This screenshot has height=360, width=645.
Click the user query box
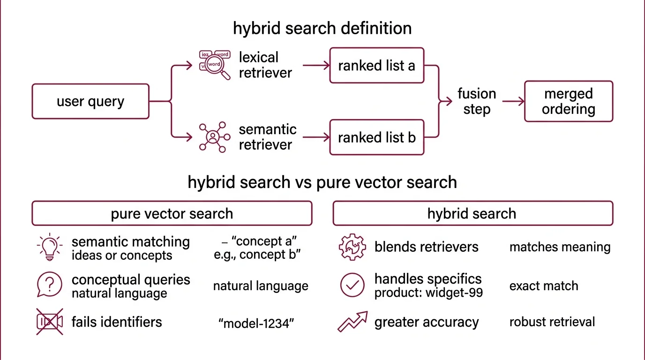point(90,101)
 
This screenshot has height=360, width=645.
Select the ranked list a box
point(376,66)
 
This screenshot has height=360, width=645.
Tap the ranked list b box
point(376,137)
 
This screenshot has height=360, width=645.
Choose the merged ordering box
point(568,101)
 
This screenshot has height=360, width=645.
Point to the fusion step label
point(477,101)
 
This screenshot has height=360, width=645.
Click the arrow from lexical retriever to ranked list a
point(316,66)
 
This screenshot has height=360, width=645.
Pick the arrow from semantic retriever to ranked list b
point(316,137)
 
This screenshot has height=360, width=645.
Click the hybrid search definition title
point(322,28)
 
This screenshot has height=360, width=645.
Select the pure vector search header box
point(172,213)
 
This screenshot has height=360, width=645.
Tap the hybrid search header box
point(472,213)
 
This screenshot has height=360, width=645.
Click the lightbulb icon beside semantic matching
point(49,247)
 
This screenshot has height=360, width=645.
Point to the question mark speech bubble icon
point(49,285)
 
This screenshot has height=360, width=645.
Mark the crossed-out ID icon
point(49,322)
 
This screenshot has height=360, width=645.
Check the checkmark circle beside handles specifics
point(352,285)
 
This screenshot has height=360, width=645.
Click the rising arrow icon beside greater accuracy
point(352,322)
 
